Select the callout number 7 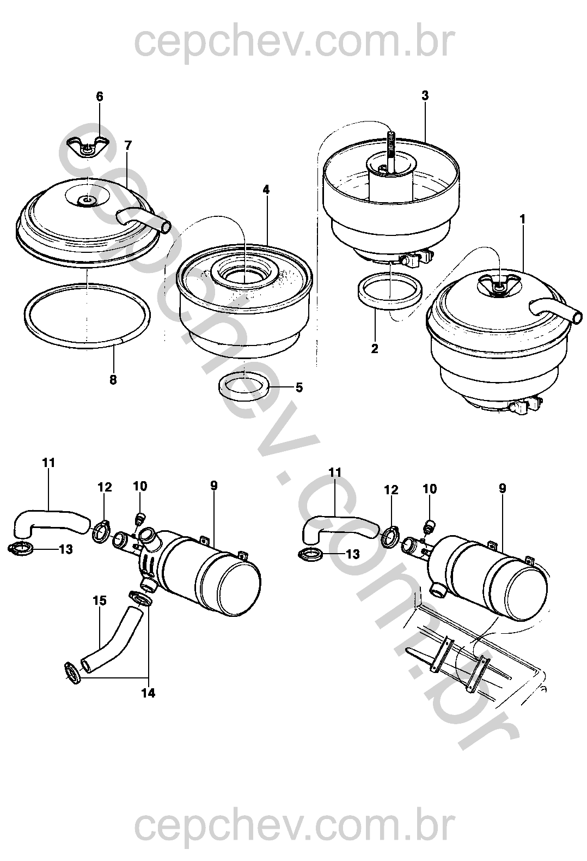point(128,145)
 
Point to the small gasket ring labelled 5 point(244,386)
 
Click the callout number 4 point(266,190)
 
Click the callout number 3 point(425,96)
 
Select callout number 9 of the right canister point(502,488)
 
